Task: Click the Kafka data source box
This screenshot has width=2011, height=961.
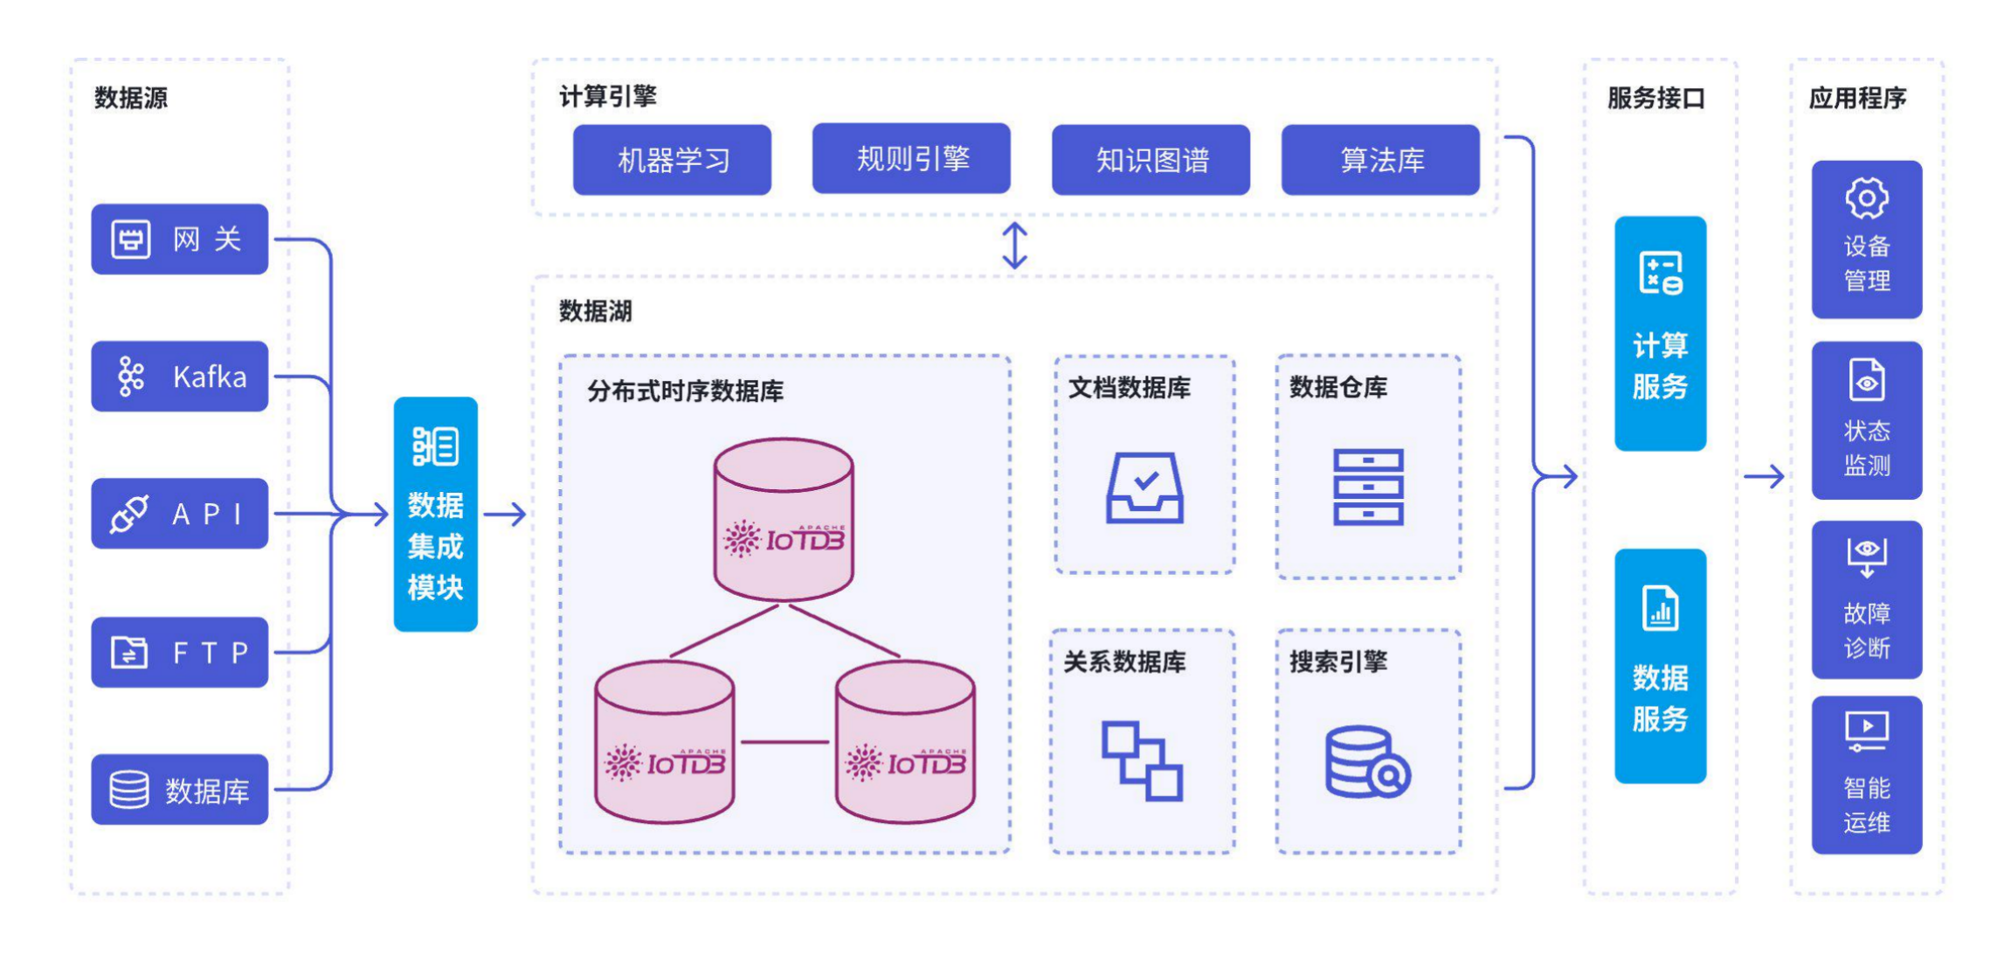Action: click(x=179, y=377)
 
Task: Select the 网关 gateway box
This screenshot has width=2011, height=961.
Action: click(x=179, y=239)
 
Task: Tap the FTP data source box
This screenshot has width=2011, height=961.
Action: click(x=179, y=653)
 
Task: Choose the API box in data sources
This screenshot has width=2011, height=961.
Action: click(x=179, y=514)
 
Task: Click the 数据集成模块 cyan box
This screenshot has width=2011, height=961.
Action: click(x=435, y=515)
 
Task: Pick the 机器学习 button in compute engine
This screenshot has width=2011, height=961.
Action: click(x=672, y=160)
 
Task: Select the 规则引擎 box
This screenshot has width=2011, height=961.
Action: click(x=911, y=158)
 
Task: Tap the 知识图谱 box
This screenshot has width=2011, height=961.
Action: click(x=1151, y=160)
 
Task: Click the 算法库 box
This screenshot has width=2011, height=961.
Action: click(x=1380, y=160)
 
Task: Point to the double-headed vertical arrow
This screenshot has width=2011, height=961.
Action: click(x=1014, y=245)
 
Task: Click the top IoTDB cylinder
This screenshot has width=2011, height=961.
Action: click(x=784, y=519)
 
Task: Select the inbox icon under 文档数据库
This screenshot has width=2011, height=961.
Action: click(x=1144, y=487)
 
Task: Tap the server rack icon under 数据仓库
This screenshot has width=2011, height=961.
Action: click(x=1368, y=487)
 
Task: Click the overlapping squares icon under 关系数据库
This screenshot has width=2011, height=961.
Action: click(x=1142, y=760)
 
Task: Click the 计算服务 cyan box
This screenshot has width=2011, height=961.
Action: click(x=1660, y=334)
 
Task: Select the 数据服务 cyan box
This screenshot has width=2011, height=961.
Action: click(x=1660, y=666)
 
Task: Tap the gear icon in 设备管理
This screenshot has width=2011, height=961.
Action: click(x=1866, y=198)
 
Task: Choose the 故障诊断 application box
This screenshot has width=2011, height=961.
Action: click(x=1866, y=599)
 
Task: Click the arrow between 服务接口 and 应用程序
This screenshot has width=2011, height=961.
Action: click(x=1764, y=476)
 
